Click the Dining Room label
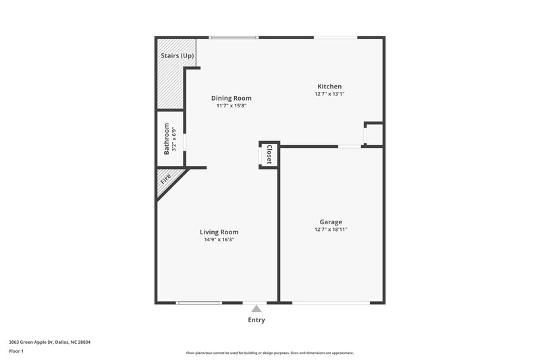click(231, 98)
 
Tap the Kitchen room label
click(329, 86)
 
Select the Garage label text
click(331, 222)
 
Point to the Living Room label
click(219, 232)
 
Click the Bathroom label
click(167, 138)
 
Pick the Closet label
click(269, 155)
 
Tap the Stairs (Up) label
click(178, 55)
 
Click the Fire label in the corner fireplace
click(165, 180)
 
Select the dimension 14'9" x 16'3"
click(219, 240)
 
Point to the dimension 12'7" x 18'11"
click(331, 230)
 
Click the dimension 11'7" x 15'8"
click(231, 106)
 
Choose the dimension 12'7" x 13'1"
click(329, 94)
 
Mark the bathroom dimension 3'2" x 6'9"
click(174, 138)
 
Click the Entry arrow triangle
click(256, 309)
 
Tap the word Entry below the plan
click(256, 320)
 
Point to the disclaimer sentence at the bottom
click(270, 353)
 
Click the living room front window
click(198, 303)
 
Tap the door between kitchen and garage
click(348, 146)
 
